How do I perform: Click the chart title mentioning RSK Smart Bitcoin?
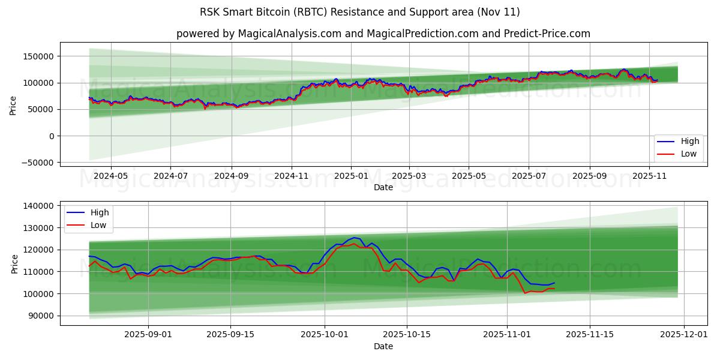360,12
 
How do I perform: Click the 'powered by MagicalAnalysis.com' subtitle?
383,34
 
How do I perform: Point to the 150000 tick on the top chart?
37,56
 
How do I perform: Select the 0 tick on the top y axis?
52,136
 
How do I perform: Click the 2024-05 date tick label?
111,176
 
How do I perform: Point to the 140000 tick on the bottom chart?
37,206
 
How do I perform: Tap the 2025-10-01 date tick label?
325,335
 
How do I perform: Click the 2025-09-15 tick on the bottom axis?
231,335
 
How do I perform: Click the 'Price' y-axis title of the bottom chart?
14,263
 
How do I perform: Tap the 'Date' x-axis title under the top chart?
383,187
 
